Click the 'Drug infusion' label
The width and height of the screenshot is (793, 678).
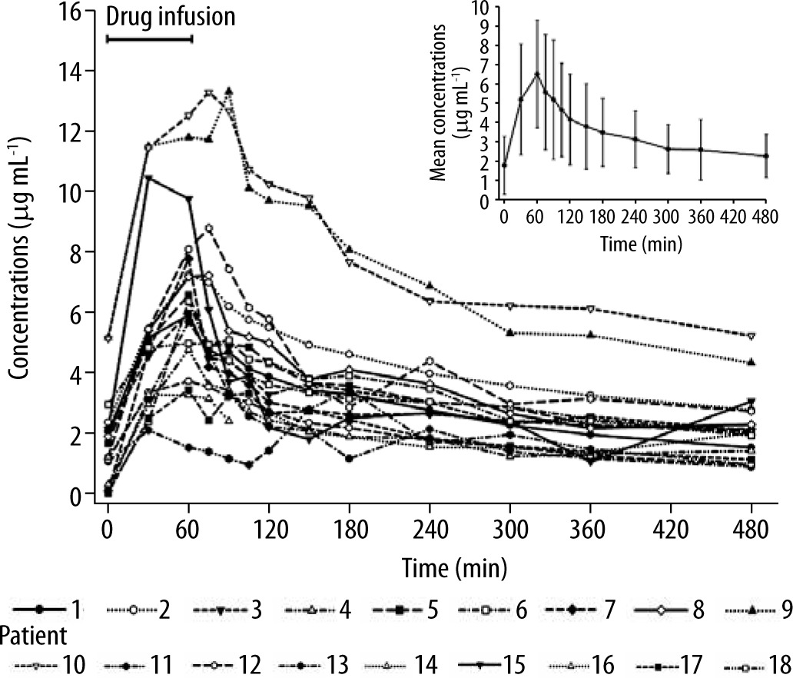[170, 16]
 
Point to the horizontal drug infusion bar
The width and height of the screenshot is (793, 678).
[149, 38]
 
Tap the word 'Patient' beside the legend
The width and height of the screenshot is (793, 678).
[31, 636]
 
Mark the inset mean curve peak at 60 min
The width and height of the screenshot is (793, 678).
[537, 73]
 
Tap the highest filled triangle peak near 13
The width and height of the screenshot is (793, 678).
[228, 90]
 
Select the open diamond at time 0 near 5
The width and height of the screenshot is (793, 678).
[108, 338]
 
